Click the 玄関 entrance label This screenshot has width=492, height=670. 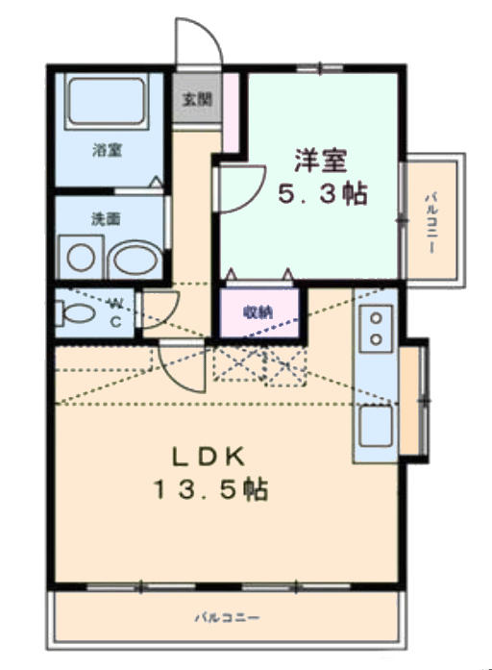click(197, 100)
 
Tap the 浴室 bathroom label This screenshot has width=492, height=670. click(108, 150)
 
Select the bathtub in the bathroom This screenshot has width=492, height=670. click(107, 103)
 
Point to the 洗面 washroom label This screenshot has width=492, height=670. click(106, 219)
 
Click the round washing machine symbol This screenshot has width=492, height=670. click(81, 258)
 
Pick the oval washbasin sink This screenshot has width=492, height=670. click(135, 258)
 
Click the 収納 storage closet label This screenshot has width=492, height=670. click(258, 312)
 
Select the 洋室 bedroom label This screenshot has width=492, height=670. click(320, 161)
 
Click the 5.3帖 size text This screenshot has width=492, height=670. click(323, 194)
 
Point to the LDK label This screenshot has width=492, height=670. click(209, 457)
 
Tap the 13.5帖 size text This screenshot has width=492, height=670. click(211, 489)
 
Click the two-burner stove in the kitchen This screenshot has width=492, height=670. click(376, 329)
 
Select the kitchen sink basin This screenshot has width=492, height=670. click(376, 426)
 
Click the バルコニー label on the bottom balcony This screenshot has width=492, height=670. click(227, 618)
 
